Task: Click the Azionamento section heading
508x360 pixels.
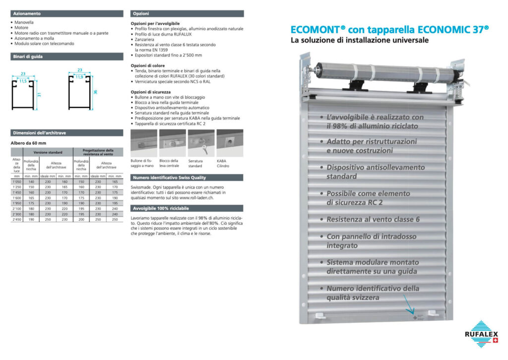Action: tap(27, 13)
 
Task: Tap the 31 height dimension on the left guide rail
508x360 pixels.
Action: tap(38, 94)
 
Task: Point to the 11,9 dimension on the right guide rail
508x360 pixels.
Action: tap(79, 77)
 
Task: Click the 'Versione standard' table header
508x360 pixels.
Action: tap(48, 152)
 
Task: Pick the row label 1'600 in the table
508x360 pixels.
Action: tap(17, 197)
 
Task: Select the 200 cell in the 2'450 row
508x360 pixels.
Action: tap(81, 219)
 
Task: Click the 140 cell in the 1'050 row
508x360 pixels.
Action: tap(31, 181)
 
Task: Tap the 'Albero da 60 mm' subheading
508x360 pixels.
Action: tap(28, 143)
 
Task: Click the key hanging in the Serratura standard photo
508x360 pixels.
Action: tap(202, 147)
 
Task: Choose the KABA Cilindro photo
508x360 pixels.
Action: tap(230, 143)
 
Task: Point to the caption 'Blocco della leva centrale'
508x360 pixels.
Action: tap(169, 163)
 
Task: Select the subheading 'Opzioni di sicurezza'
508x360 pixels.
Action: tap(151, 92)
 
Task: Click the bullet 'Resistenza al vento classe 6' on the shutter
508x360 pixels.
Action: tap(373, 219)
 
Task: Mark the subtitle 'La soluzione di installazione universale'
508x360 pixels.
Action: tap(360, 41)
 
